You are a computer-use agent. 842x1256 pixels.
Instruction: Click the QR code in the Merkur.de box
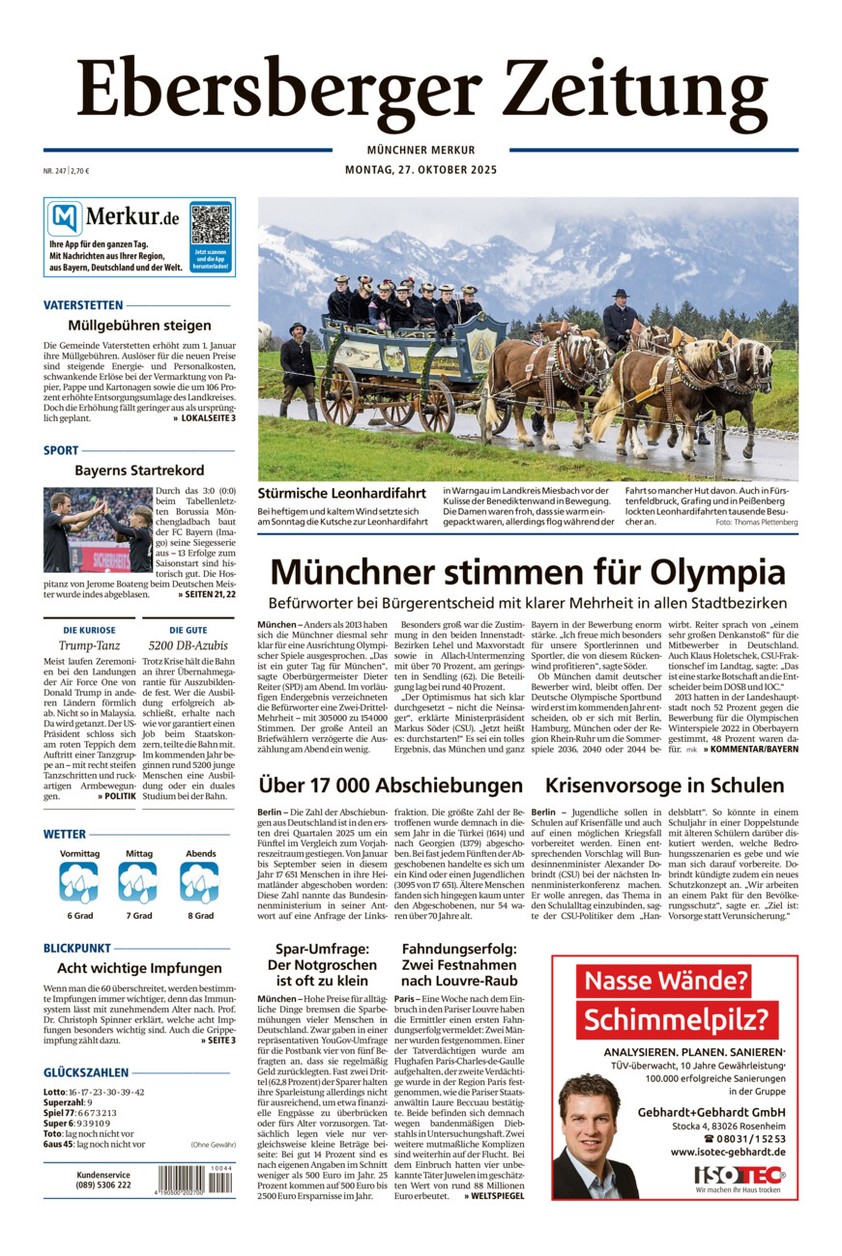pos(211,224)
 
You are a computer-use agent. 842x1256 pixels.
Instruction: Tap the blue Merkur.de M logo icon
pos(66,219)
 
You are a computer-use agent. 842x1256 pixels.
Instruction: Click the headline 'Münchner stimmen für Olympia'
pos(527,571)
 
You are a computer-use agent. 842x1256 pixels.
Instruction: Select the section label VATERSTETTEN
pos(83,305)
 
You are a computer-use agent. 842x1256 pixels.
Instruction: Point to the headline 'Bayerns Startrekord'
pos(139,471)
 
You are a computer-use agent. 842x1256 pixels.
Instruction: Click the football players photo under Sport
pos(98,529)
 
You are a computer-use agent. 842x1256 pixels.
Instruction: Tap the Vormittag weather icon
pos(79,882)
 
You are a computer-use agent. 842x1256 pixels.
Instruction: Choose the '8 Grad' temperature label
pos(201,915)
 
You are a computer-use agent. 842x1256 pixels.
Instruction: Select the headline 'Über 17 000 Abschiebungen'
pos(391,785)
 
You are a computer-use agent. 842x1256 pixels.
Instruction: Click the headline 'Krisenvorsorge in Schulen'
pos(664,785)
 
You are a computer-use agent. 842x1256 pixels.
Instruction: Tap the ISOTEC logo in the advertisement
pos(740,1175)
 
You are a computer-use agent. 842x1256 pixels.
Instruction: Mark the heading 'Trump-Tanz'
pos(89,644)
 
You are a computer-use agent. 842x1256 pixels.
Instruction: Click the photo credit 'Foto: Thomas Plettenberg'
pos(756,522)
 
